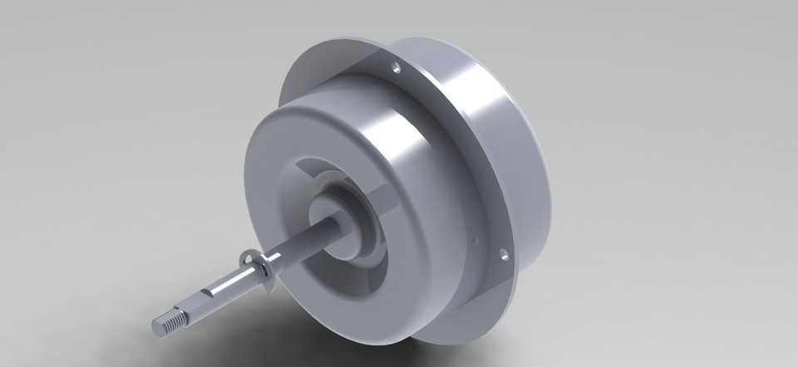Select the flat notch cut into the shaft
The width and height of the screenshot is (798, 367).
tap(208, 297)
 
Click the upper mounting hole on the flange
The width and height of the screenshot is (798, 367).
tap(396, 66)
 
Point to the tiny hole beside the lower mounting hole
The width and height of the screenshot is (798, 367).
tap(475, 242)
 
